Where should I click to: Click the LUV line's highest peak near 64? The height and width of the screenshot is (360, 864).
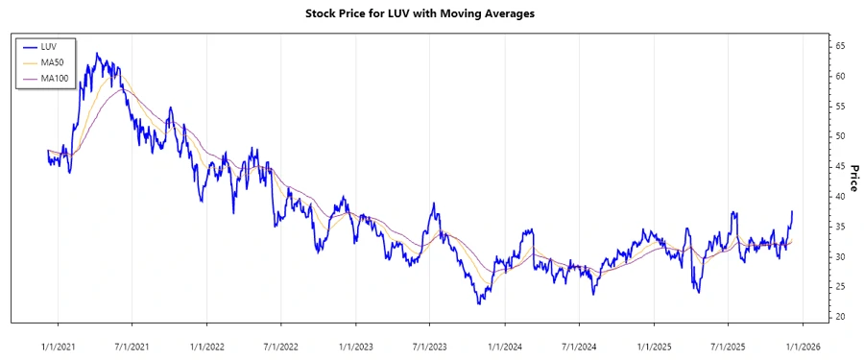pos(98,54)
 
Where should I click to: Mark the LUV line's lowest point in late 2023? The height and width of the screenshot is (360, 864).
pos(478,303)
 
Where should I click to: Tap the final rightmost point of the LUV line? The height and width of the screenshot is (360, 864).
pos(792,210)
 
